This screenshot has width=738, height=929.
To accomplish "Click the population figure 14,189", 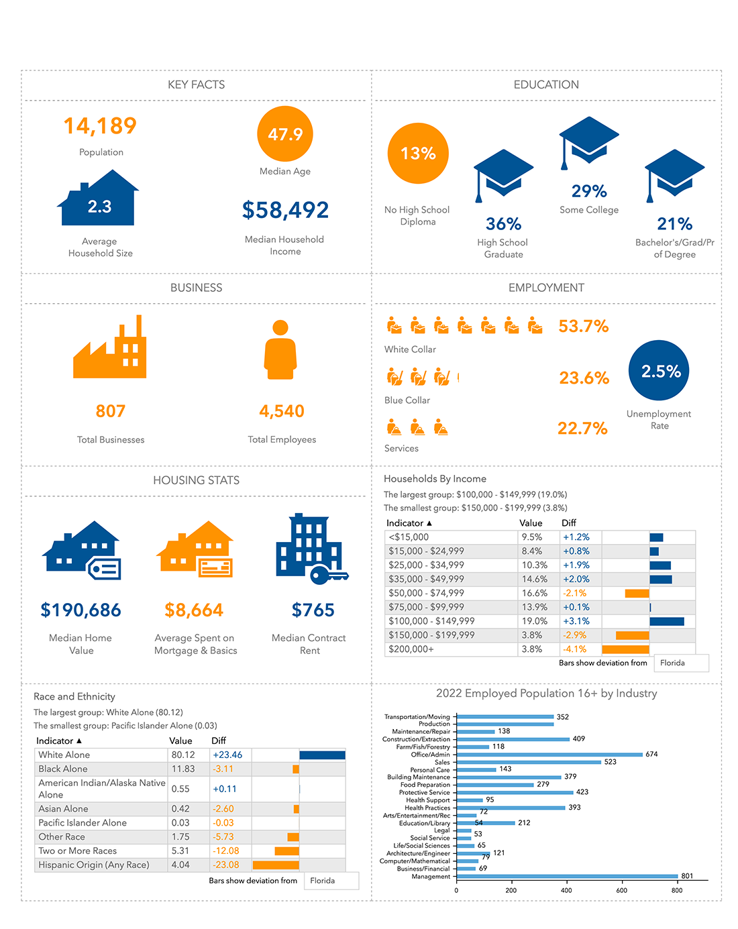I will [x=100, y=126].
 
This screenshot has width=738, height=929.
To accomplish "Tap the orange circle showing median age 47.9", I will [x=285, y=134].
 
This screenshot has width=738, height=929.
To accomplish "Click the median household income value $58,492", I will [x=285, y=210].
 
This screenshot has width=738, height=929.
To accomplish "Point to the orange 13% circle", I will [x=418, y=154].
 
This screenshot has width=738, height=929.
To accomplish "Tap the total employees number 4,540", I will [x=282, y=411].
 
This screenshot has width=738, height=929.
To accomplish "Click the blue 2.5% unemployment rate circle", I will [x=659, y=371].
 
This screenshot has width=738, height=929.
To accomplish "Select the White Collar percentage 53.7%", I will [x=583, y=327].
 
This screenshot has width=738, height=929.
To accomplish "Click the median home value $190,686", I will [x=81, y=610].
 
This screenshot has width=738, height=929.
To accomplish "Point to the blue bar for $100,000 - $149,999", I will [x=666, y=622].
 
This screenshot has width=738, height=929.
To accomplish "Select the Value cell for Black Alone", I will [x=183, y=769].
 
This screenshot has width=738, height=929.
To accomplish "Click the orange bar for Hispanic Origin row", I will [x=276, y=865].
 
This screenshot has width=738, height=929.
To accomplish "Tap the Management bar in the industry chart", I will [x=567, y=876].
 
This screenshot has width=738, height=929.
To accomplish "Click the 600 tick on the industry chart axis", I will [x=621, y=890].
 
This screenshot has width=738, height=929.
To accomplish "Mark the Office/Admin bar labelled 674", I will [x=549, y=755].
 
